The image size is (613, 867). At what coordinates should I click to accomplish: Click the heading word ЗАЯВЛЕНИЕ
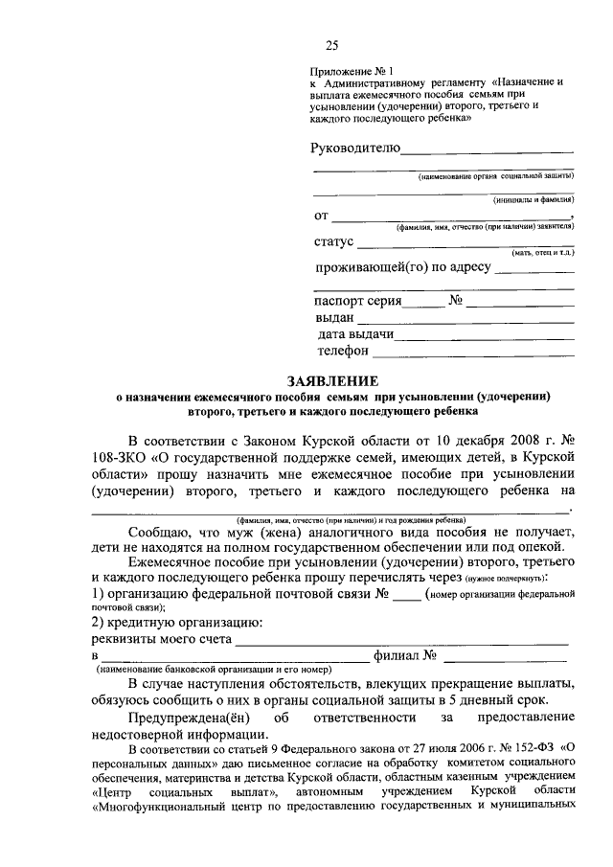tap(333, 380)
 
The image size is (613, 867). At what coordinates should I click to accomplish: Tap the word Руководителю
tap(354, 148)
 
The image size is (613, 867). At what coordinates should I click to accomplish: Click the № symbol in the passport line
tap(456, 301)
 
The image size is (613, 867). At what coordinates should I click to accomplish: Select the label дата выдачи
tap(355, 335)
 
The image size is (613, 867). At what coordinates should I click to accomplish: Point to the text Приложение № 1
tap(352, 70)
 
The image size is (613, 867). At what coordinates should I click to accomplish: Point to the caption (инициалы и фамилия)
tap(534, 200)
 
